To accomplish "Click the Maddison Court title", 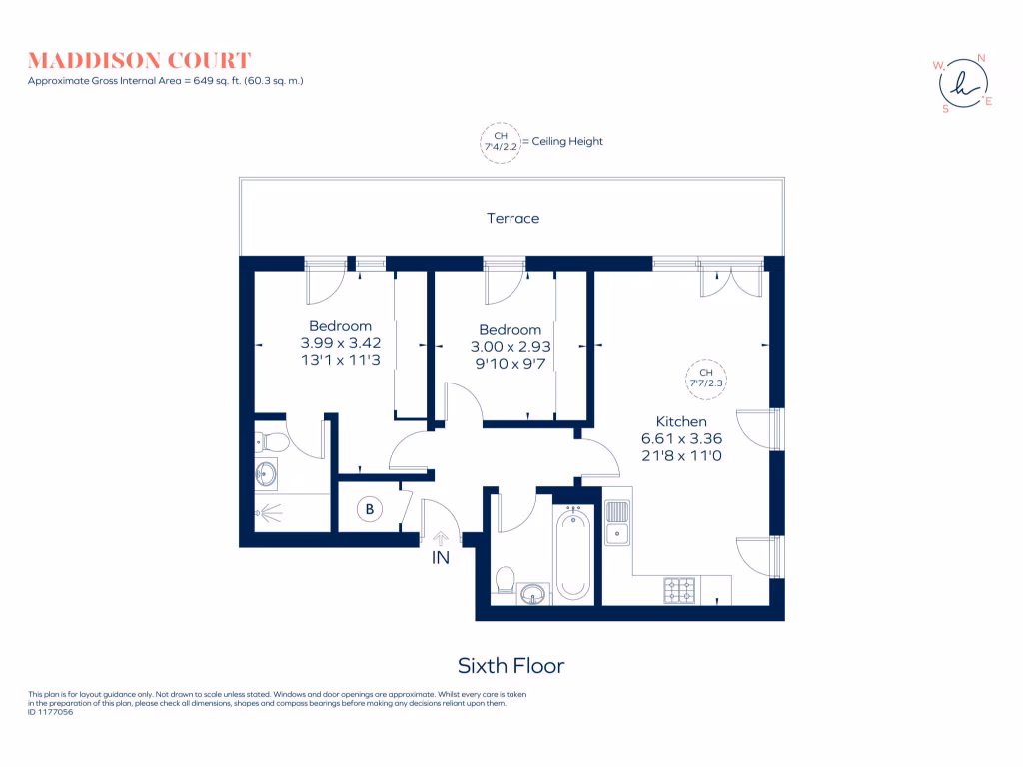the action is coord(139,61).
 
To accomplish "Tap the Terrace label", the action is coord(512,218).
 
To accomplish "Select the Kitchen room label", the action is coord(681,422).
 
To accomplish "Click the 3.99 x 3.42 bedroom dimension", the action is coord(341,343).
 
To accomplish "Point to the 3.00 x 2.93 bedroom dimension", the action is coord(511,347).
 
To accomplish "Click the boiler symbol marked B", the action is coord(370,509).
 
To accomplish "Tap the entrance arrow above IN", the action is coord(441,538).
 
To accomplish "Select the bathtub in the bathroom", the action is coord(573,553).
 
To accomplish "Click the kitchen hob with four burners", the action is coord(679,591).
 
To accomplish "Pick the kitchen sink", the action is coord(617,522).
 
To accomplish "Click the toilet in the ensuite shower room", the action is coord(271,443).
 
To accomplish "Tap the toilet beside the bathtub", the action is coord(506,580).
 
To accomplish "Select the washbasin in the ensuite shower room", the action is coord(266,474).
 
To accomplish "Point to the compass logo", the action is coord(963,84).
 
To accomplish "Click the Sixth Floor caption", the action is coord(511,666).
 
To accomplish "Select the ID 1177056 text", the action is coord(50,712).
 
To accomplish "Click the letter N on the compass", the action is coord(981,58).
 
